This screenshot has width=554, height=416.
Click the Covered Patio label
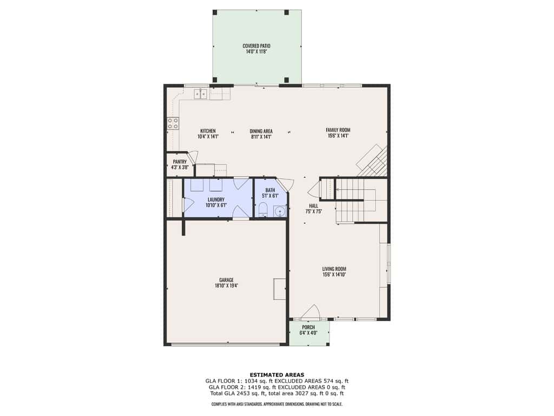[x=256, y=46]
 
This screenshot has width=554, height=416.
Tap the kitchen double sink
[x=200, y=94]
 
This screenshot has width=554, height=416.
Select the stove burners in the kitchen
[x=173, y=123]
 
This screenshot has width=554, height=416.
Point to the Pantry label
[x=180, y=161]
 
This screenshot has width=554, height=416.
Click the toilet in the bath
[x=263, y=210]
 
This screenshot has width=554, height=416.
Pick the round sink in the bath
[x=280, y=212]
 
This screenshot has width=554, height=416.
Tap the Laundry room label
[x=216, y=199]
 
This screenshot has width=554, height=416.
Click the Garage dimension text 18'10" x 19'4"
[x=227, y=285]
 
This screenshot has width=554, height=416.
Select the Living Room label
[x=334, y=269]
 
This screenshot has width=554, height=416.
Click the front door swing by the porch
[x=311, y=311]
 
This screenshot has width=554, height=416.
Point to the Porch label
[x=308, y=327]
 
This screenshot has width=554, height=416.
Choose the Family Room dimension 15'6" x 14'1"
[x=338, y=135]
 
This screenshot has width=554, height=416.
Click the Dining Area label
[x=261, y=131]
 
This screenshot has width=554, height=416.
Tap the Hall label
[x=314, y=206]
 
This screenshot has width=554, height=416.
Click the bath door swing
[x=286, y=185]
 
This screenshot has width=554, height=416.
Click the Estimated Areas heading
[x=277, y=375]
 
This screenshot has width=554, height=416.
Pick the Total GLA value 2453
[x=241, y=393]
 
